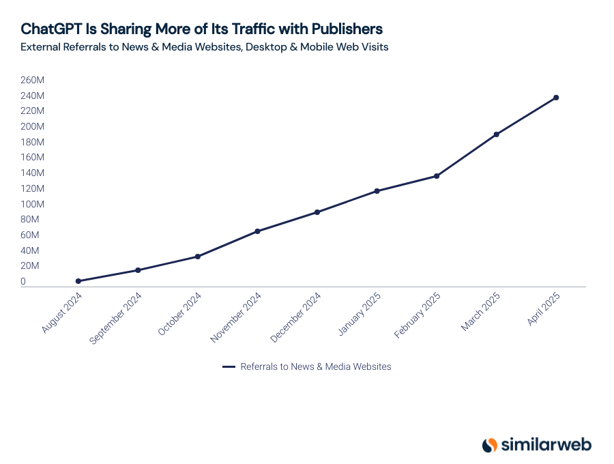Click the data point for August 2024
pyautogui.click(x=78, y=281)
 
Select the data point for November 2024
pyautogui.click(x=257, y=231)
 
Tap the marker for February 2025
pyautogui.click(x=437, y=176)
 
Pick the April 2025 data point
pyautogui.click(x=556, y=98)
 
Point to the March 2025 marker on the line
pyautogui.click(x=496, y=134)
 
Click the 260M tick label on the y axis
pyautogui.click(x=32, y=80)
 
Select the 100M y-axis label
pyautogui.click(x=32, y=204)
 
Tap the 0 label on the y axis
pyautogui.click(x=23, y=281)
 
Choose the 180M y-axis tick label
pyautogui.click(x=32, y=142)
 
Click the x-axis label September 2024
pyautogui.click(x=117, y=318)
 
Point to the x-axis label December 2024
pyautogui.click(x=296, y=317)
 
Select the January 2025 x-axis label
pyautogui.click(x=360, y=314)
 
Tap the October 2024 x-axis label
pyautogui.click(x=180, y=314)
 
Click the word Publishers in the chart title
pyautogui.click(x=347, y=29)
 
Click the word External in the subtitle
pyautogui.click(x=42, y=47)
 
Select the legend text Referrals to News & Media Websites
pyautogui.click(x=316, y=366)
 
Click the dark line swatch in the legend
pyautogui.click(x=229, y=367)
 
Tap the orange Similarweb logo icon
pyautogui.click(x=489, y=445)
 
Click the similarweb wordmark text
pyautogui.click(x=546, y=445)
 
